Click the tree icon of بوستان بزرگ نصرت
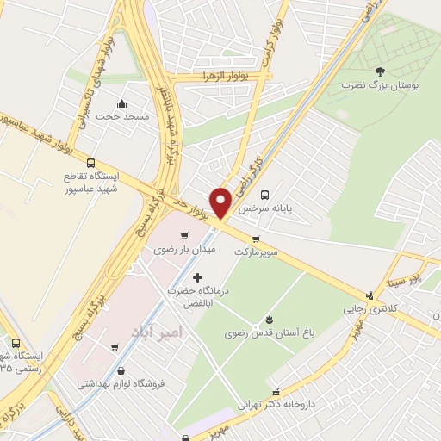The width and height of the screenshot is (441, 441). (380, 71)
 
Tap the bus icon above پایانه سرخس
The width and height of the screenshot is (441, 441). (264, 195)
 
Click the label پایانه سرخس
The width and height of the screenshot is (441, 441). (262, 208)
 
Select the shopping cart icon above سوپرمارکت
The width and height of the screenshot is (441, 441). (256, 239)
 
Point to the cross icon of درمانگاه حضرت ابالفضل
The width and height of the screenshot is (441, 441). (199, 277)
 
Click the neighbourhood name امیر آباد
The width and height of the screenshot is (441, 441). (156, 332)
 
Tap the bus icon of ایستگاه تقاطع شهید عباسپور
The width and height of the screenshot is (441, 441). (91, 161)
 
